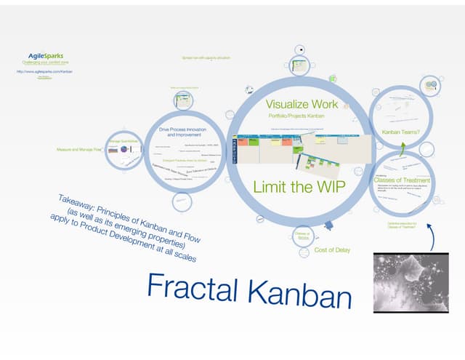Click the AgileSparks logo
(45, 55)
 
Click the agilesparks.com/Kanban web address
(44, 72)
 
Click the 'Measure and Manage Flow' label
(78, 150)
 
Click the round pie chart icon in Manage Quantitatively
(124, 149)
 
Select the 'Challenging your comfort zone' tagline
(45, 63)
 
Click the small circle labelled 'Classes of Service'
(302, 235)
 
